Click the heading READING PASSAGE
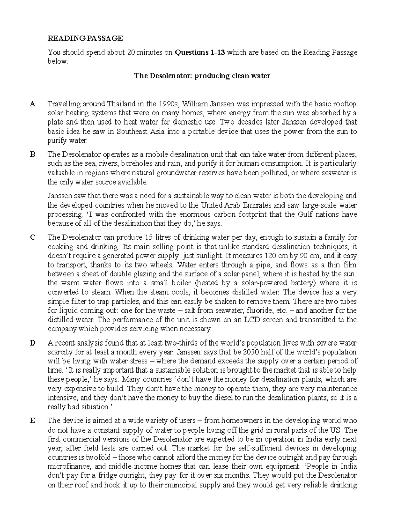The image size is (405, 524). click(x=85, y=39)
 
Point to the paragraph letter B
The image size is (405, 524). click(x=32, y=155)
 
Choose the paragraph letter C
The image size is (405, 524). click(x=32, y=237)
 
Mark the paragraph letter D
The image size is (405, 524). click(x=32, y=343)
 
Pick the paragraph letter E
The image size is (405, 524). click(x=32, y=421)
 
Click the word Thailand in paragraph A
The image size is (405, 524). click(x=121, y=104)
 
